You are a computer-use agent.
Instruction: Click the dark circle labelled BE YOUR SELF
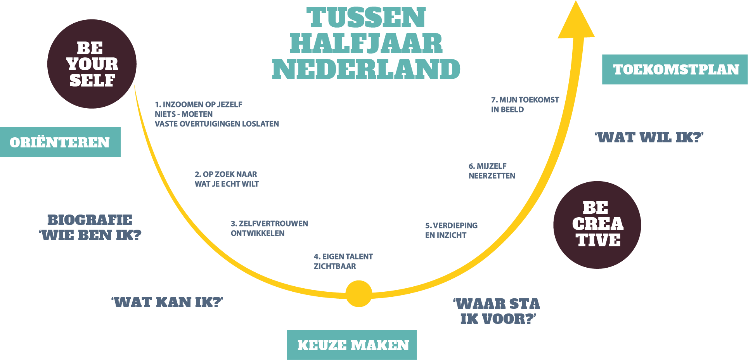(92, 64)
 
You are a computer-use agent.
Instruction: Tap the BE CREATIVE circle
(597, 225)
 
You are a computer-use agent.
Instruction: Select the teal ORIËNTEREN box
(60, 142)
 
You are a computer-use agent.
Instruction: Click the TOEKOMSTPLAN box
(675, 69)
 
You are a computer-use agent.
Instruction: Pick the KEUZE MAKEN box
(352, 345)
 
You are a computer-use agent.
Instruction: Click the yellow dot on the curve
(358, 294)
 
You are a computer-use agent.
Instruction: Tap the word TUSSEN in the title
(366, 18)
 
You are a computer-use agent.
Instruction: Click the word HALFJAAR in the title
(366, 43)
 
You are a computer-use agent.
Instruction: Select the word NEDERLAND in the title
(366, 69)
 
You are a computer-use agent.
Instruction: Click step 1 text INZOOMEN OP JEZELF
(199, 104)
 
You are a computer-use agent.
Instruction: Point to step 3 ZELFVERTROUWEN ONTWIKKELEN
(269, 228)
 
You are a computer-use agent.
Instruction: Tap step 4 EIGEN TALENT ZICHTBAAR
(343, 261)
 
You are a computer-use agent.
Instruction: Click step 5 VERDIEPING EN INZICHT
(451, 230)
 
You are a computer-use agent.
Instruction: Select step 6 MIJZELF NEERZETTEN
(492, 171)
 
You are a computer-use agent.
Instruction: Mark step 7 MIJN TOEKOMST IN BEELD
(525, 104)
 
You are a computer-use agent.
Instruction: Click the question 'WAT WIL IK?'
(649, 137)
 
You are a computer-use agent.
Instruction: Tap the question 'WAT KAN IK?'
(167, 302)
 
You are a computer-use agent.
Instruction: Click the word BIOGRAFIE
(90, 220)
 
